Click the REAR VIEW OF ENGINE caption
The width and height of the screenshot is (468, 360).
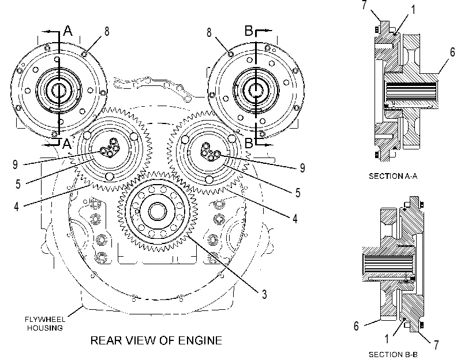[x=156, y=340]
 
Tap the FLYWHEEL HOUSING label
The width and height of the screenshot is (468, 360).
[x=45, y=324]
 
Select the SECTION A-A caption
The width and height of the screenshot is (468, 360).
[x=393, y=176]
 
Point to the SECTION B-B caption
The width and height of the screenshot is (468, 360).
[x=393, y=355]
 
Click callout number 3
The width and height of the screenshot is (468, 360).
[x=264, y=294]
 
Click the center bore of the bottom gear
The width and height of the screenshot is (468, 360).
[x=158, y=212]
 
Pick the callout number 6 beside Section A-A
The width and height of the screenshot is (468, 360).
[x=452, y=52]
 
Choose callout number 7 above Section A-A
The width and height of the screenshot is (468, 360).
[x=364, y=5]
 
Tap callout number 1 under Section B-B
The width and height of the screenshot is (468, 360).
[x=387, y=339]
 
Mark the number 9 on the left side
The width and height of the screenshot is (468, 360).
[x=15, y=164]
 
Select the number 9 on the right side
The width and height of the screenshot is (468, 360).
[x=302, y=168]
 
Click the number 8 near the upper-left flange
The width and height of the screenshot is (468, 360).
[x=107, y=31]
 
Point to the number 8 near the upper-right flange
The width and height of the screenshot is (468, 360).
[x=209, y=32]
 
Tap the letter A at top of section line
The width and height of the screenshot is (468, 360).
[x=68, y=31]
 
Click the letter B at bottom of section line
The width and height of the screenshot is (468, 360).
[x=249, y=143]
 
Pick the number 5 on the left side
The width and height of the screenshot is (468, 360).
[x=18, y=184]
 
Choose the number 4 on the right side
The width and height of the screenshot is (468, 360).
[x=295, y=219]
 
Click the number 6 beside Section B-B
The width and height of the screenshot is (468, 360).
[x=356, y=326]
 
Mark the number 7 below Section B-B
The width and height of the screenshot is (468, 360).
[x=436, y=345]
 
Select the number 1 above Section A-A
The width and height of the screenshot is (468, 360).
[x=413, y=10]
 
